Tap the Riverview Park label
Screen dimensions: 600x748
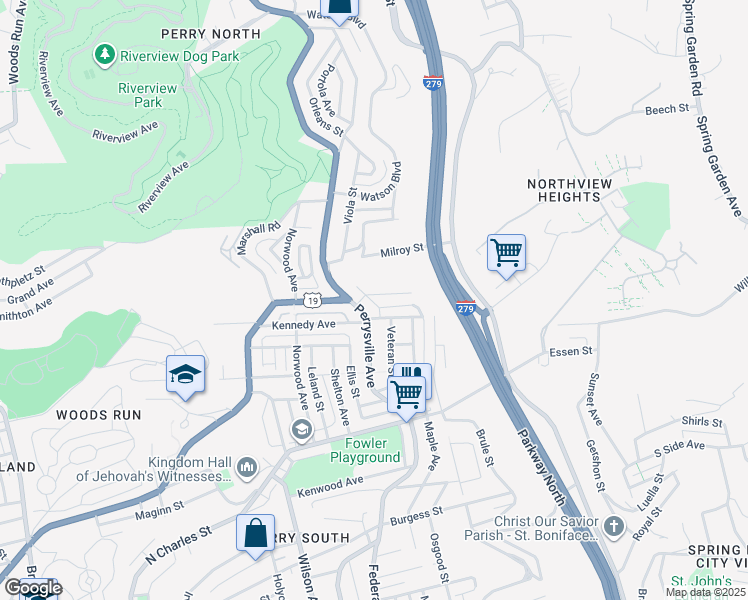point(147,95)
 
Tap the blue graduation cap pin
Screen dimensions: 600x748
point(186,375)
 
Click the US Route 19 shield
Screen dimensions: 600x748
point(313,300)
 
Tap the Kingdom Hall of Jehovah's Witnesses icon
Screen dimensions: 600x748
point(248,467)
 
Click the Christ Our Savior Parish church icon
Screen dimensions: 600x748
point(614,526)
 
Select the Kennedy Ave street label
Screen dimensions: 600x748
point(304,325)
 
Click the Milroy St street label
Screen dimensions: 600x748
point(403,252)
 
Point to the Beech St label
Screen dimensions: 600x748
point(668,109)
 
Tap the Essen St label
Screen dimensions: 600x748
point(571,353)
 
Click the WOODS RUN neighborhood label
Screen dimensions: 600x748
point(98,414)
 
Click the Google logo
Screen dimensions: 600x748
point(32,588)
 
